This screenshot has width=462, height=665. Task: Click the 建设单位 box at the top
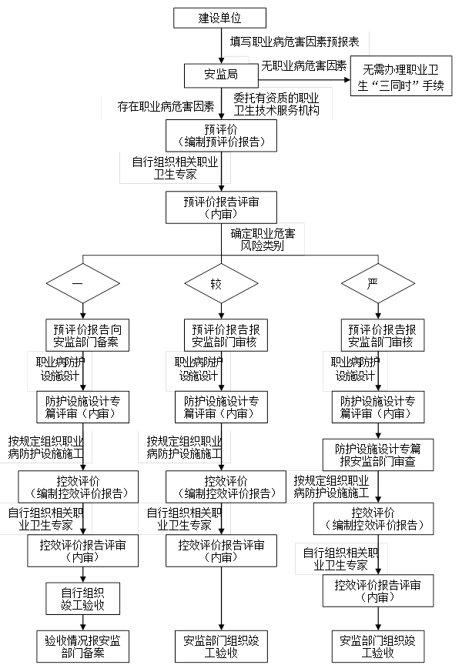tap(219, 18)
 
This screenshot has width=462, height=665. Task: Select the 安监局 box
tap(220, 75)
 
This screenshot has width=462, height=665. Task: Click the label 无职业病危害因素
tap(303, 66)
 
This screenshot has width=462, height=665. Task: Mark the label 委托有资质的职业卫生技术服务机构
tap(276, 105)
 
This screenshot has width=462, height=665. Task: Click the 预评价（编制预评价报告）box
tap(220, 135)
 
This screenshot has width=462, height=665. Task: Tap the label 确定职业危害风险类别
tap(263, 239)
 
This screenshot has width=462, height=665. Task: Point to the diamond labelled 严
tap(373, 283)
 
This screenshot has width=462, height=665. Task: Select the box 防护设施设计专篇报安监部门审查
tap(377, 455)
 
